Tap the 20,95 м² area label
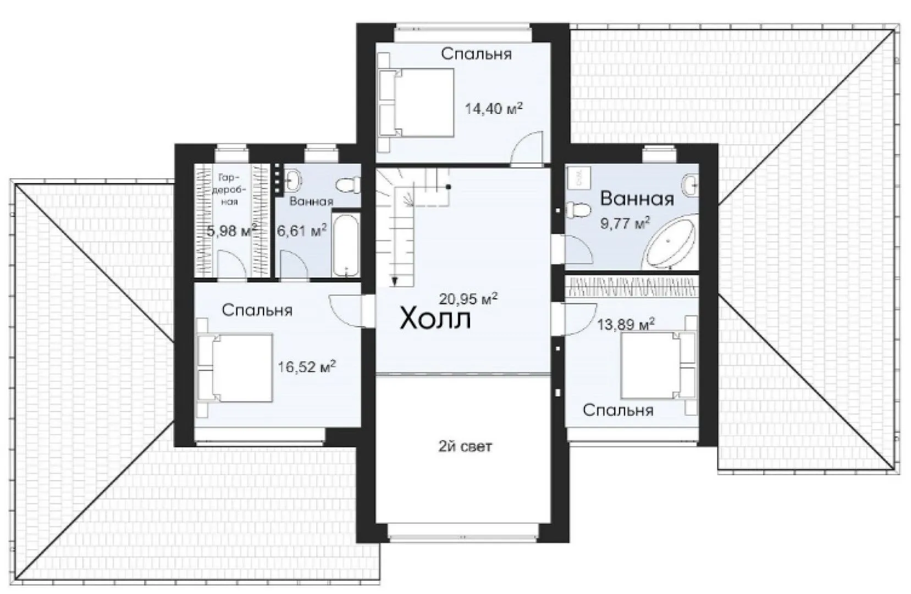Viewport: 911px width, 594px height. click(x=468, y=299)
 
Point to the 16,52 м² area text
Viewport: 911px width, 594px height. click(x=307, y=366)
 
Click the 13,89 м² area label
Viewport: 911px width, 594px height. click(x=626, y=324)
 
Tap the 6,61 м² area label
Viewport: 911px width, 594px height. click(x=302, y=230)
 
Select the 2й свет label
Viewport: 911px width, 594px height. click(x=465, y=447)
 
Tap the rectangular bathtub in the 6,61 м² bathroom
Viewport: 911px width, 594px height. click(x=346, y=243)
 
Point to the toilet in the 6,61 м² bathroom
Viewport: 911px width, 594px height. click(x=349, y=185)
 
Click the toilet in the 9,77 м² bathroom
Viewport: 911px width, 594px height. click(x=578, y=210)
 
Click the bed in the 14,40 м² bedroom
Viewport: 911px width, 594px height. click(x=416, y=102)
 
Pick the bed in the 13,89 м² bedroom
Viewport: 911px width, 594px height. click(x=659, y=365)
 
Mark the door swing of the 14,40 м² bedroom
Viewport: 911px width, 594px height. click(x=527, y=149)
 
